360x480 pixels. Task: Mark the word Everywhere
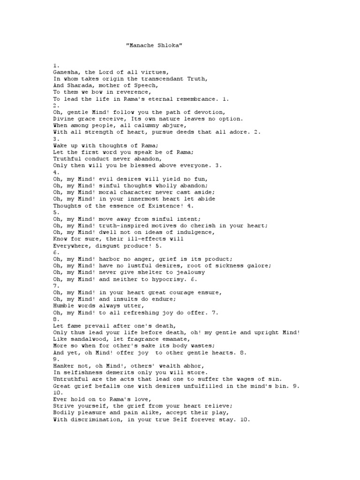tap(71, 245)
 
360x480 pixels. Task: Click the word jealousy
tap(187, 272)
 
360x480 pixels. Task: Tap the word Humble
tap(63, 305)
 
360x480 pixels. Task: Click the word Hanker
tap(63, 365)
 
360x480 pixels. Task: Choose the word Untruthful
tap(71, 378)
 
